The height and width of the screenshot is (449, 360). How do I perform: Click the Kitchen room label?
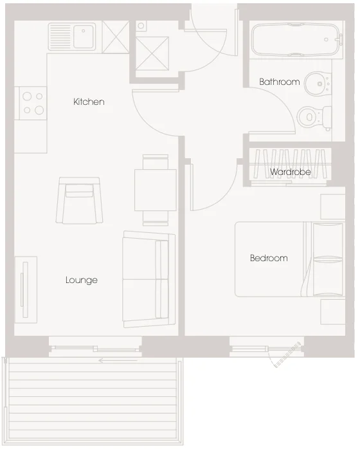(89, 102)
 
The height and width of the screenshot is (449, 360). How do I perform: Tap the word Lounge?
(82, 280)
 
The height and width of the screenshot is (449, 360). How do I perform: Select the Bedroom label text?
(269, 258)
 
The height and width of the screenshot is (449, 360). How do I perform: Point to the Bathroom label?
(279, 82)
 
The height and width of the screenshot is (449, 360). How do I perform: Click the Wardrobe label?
(290, 172)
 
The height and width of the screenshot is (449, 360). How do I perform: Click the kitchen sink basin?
(84, 37)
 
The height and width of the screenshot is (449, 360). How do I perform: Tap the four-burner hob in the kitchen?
(32, 103)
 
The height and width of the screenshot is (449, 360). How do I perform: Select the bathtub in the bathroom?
(297, 39)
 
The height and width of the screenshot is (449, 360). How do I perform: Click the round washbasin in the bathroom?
(318, 84)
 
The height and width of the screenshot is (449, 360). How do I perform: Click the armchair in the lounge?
(80, 200)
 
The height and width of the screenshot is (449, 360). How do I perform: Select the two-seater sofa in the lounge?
(148, 279)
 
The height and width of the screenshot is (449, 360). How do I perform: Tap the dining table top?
(156, 190)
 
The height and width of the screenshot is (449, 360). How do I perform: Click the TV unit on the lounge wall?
(26, 289)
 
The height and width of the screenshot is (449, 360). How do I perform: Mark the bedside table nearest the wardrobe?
(333, 206)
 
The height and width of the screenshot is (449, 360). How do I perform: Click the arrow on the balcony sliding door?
(118, 360)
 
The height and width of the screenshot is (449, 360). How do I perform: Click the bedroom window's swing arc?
(271, 360)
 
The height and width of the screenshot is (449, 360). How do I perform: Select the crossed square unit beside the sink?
(116, 37)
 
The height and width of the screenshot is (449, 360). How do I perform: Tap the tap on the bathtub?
(339, 39)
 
